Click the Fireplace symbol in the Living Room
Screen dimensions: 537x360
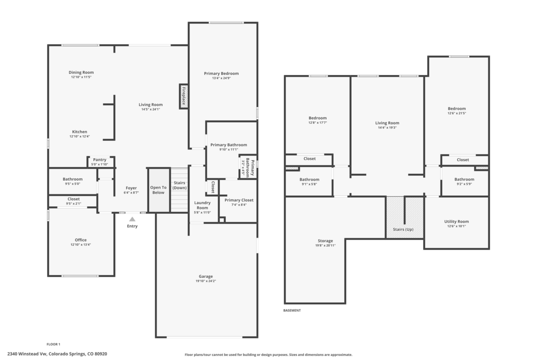(184, 96)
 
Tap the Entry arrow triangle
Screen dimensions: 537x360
(132, 219)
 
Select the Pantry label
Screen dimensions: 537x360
(100, 160)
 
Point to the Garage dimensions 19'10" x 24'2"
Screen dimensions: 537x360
(206, 281)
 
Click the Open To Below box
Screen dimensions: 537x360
(158, 190)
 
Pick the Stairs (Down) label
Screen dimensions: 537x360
(179, 185)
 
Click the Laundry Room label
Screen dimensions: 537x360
(202, 205)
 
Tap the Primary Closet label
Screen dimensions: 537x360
(239, 200)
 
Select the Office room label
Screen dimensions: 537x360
(81, 240)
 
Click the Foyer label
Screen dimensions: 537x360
(131, 188)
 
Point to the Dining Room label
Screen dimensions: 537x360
(81, 72)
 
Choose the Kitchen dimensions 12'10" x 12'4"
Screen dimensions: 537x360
(80, 137)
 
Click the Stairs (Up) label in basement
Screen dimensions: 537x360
(403, 229)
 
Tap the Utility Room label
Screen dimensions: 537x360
(457, 222)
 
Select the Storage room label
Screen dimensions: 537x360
(325, 241)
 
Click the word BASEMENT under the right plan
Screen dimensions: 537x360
(292, 310)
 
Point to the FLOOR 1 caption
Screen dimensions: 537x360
(53, 344)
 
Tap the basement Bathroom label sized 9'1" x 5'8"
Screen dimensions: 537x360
(310, 179)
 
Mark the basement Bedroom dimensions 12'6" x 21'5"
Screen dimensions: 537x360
(457, 113)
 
